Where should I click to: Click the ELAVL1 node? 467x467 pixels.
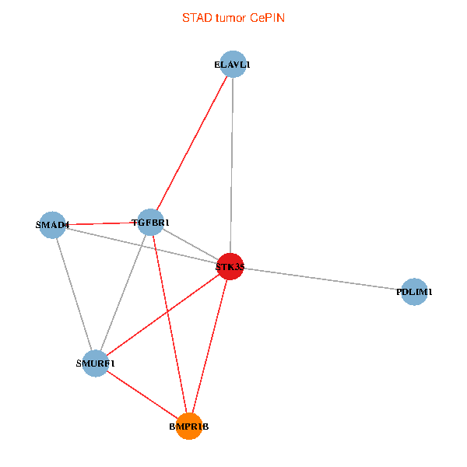click(x=233, y=65)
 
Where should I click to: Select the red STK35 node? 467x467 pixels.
click(x=230, y=267)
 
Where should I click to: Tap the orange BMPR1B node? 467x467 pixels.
click(x=189, y=426)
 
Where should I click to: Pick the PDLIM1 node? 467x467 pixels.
click(x=415, y=292)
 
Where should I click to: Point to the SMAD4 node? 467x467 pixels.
click(x=52, y=225)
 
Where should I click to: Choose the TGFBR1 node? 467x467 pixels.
click(x=150, y=223)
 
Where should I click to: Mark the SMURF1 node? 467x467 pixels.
click(x=96, y=363)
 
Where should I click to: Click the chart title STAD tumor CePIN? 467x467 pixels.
click(x=233, y=17)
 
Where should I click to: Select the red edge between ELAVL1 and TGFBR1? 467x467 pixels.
click(x=191, y=144)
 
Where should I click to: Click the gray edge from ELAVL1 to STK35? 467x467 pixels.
click(x=232, y=166)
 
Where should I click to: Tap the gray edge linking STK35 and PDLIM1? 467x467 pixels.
click(x=322, y=279)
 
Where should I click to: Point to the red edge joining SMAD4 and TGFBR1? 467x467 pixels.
click(x=101, y=224)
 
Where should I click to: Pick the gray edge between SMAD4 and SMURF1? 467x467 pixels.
click(x=74, y=294)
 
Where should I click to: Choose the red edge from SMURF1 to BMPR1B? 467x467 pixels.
click(x=142, y=395)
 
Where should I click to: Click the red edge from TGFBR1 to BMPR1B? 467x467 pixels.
click(x=170, y=324)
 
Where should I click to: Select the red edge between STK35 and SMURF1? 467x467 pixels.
click(x=163, y=314)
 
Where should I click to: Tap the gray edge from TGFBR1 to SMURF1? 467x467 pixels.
click(x=123, y=293)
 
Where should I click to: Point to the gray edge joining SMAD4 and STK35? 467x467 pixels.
click(x=140, y=246)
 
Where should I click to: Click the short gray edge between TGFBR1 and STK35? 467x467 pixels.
click(x=191, y=245)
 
